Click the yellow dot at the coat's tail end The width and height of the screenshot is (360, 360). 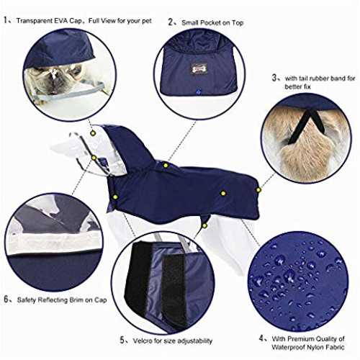[x=258, y=190]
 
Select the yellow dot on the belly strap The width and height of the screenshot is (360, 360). [x=204, y=225]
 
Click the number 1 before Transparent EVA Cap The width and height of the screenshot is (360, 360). [x=6, y=20]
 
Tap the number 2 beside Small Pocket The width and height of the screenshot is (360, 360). [x=171, y=22]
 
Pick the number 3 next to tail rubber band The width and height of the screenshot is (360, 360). [x=274, y=78]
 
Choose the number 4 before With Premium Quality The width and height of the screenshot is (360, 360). [x=261, y=338]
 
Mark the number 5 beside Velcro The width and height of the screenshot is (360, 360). [x=122, y=340]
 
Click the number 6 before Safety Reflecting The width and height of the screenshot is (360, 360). [x=6, y=300]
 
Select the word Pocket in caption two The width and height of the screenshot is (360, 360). [x=210, y=23]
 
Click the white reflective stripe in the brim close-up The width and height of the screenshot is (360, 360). [x=55, y=244]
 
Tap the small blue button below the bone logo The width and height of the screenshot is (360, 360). [x=198, y=91]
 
